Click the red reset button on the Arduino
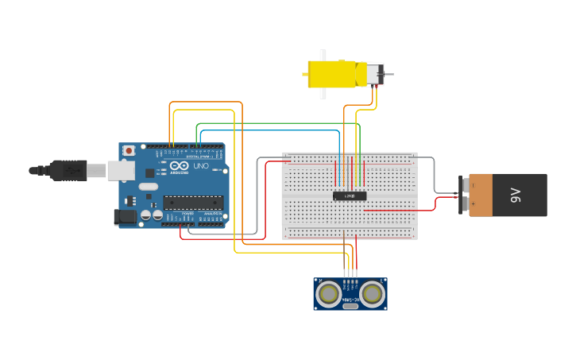tap(129, 150)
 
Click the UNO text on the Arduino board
tap(200, 165)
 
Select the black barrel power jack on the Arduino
tap(125, 215)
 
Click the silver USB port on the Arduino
tap(120, 169)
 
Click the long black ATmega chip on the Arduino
tap(193, 203)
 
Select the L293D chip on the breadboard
tap(350, 195)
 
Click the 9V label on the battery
tap(515, 195)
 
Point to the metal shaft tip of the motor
tap(390, 74)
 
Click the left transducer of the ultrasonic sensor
tap(328, 294)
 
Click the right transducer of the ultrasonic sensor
tap(372, 294)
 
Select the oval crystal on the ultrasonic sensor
tap(350, 305)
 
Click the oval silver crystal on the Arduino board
tap(148, 187)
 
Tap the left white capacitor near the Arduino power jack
tap(146, 215)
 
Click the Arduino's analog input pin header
tap(212, 225)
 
